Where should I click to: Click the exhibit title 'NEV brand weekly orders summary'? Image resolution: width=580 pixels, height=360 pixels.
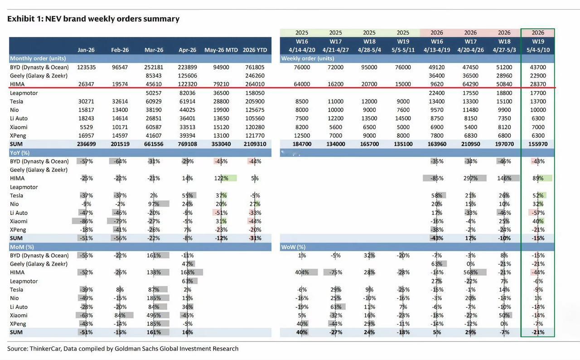pyautogui.click(x=112, y=19)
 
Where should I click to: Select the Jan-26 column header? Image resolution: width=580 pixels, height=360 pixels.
pyautogui.click(x=86, y=50)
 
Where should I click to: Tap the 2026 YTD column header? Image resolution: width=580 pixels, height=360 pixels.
pyautogui.click(x=255, y=50)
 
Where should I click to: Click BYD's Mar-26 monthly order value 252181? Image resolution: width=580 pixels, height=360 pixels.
pyautogui.click(x=154, y=68)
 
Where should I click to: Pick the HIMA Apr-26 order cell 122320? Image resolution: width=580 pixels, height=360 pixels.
pyautogui.click(x=188, y=84)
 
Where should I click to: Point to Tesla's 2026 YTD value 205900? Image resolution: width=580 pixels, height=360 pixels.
pyautogui.click(x=255, y=102)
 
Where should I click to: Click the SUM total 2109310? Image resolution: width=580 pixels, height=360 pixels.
pyautogui.click(x=255, y=144)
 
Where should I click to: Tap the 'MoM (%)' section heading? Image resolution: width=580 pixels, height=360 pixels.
pyautogui.click(x=22, y=247)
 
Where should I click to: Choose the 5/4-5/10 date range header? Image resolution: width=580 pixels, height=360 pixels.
pyautogui.click(x=538, y=50)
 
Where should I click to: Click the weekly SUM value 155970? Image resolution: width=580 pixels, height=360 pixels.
pyautogui.click(x=538, y=144)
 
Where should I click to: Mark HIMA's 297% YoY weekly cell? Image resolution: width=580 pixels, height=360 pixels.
pyautogui.click(x=470, y=178)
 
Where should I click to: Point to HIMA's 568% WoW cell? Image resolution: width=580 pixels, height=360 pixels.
pyautogui.click(x=470, y=272)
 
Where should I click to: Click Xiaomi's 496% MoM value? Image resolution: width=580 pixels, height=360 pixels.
pyautogui.click(x=154, y=316)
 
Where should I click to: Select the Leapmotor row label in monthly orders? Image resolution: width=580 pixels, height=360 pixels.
pyautogui.click(x=24, y=93)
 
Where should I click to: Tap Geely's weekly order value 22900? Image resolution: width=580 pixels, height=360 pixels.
pyautogui.click(x=538, y=76)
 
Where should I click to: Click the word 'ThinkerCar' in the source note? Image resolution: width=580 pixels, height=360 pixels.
pyautogui.click(x=45, y=349)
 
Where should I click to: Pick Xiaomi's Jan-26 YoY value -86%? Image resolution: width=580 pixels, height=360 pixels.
pyautogui.click(x=86, y=221)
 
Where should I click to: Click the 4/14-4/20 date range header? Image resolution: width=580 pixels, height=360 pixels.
pyautogui.click(x=302, y=50)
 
